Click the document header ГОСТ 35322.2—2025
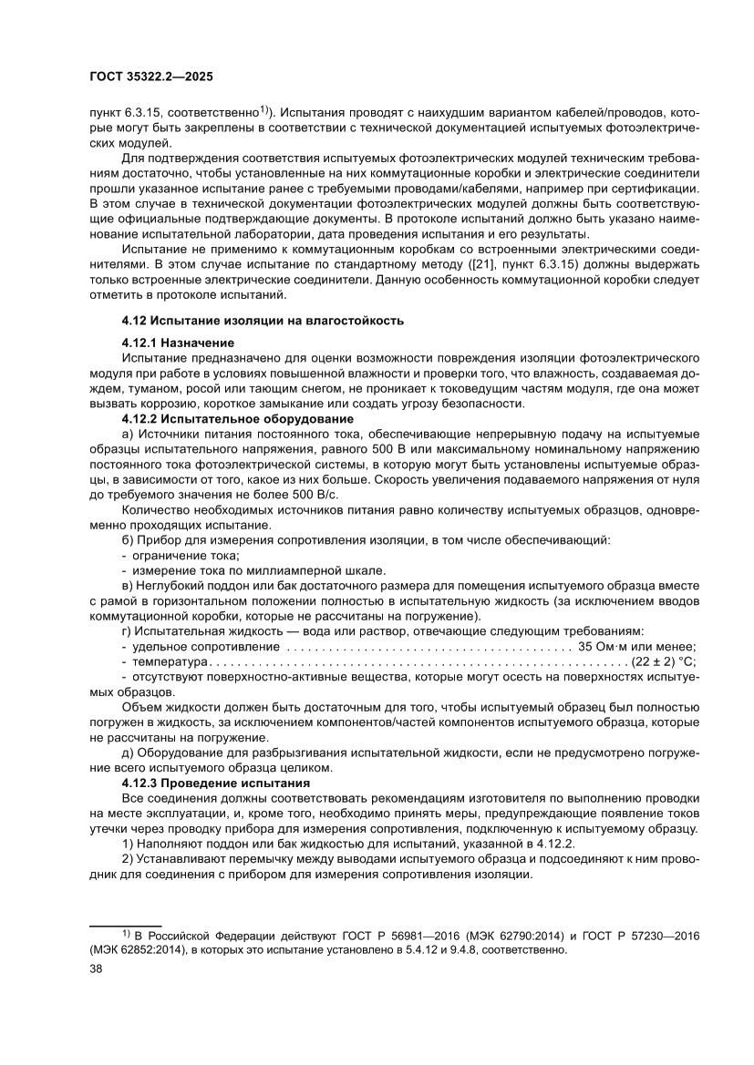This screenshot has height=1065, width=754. click(x=152, y=77)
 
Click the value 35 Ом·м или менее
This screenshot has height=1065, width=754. click(x=637, y=646)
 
